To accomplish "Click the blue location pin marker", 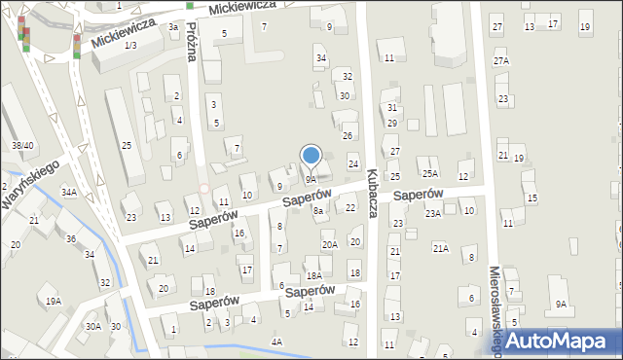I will pos(311,157).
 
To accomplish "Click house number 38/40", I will pos(23,146).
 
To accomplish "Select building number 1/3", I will pos(129,46).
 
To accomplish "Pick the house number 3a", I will pos(173,27).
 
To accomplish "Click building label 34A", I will pos(69,193).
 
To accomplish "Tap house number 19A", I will pos(53,302).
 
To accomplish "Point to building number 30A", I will pos(92,327).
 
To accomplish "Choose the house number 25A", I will pos(429,174).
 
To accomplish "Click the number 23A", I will pos(433,213).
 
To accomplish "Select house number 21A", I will pos(441,249).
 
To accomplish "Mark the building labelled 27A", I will pos(501,61).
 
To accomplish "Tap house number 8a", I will pos(317,211).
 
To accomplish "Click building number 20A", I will pos(330,244).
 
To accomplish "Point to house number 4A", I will pos(276,342).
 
